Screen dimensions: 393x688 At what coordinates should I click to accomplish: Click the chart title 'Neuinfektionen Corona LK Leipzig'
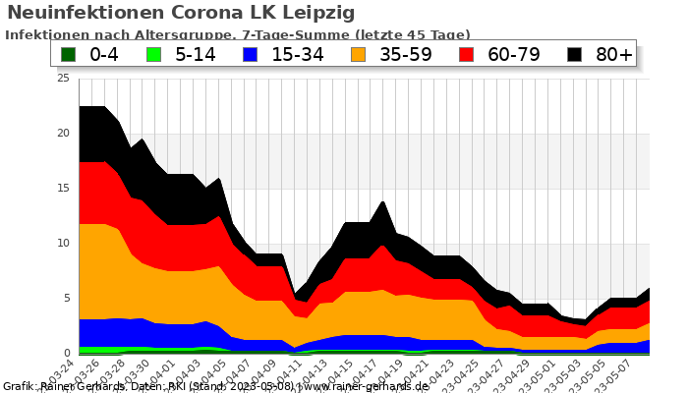pos(181,13)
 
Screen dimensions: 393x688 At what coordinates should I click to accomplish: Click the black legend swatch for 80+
pos(575,54)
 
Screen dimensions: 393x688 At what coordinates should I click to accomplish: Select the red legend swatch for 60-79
pos(468,54)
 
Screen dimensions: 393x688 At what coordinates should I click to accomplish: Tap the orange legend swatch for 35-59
pos(360,54)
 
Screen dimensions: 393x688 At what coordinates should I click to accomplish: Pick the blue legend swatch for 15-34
pos(252,54)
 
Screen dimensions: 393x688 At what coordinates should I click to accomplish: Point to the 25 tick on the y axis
pos(64,79)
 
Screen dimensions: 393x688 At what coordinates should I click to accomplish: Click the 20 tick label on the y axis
pos(64,134)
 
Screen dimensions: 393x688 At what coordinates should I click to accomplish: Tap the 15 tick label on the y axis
pos(64,189)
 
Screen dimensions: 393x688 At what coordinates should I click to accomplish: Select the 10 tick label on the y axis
pos(64,244)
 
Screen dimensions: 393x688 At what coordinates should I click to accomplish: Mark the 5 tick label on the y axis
pos(67,299)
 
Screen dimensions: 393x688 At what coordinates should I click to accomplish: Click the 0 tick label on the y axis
pos(67,354)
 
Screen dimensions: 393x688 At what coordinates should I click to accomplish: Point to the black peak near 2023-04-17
pos(383,202)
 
